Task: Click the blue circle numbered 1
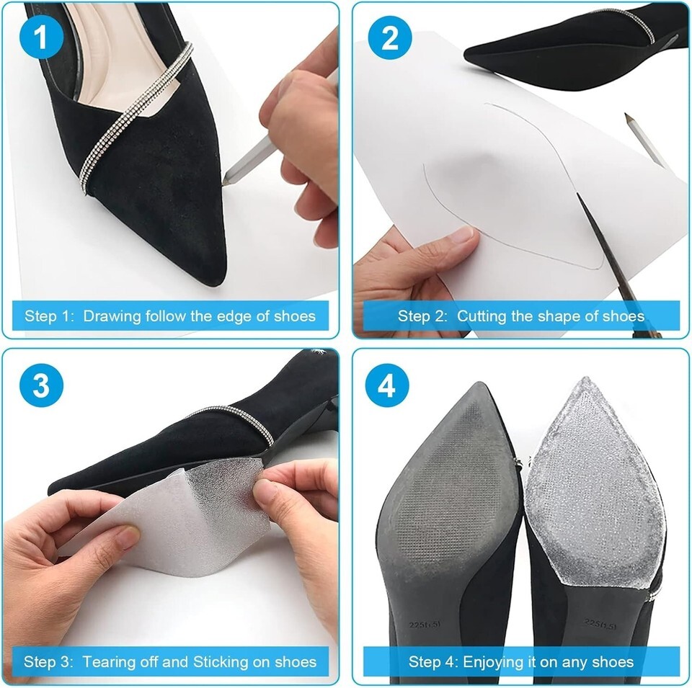coord(42,38)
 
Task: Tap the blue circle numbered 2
coord(390,38)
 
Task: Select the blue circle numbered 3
coord(42,385)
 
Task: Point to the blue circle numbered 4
coord(387,385)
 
